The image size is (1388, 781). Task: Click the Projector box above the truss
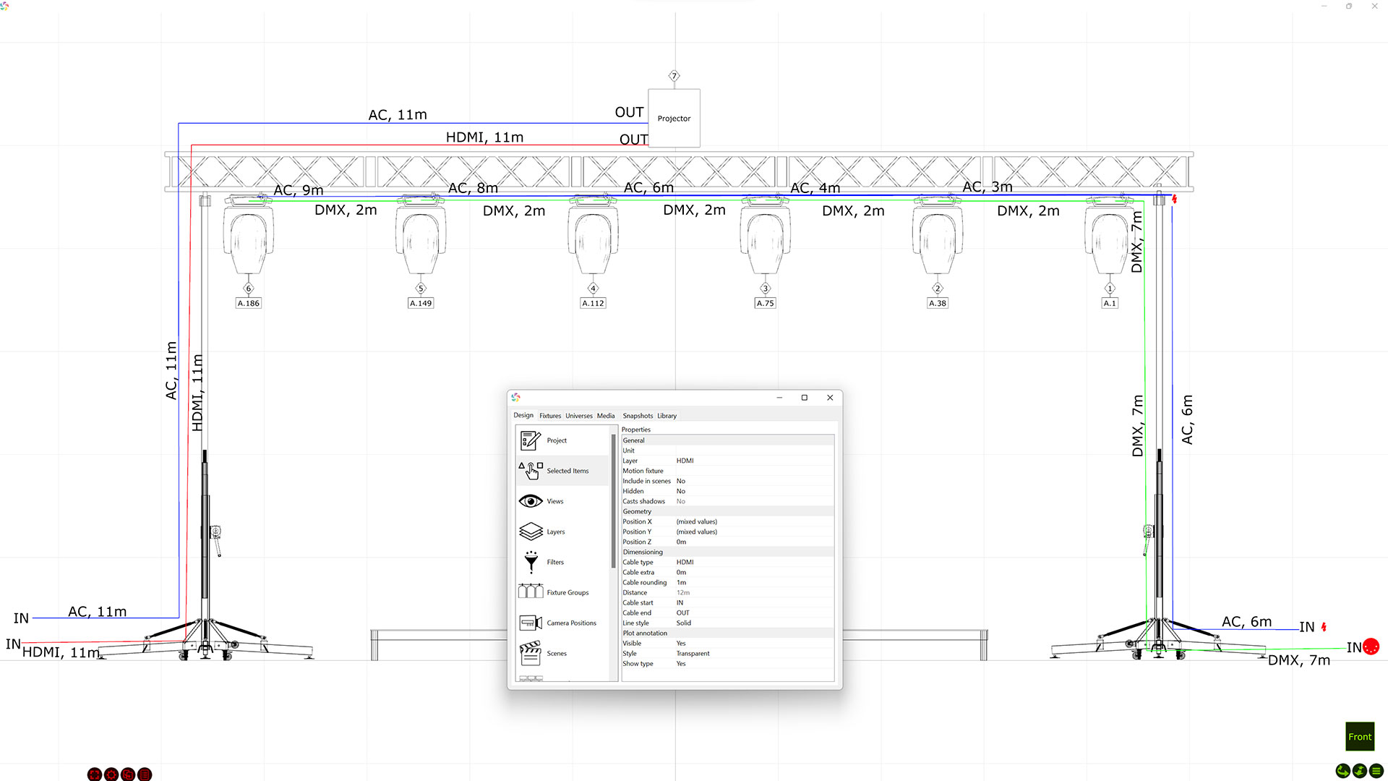coord(674,118)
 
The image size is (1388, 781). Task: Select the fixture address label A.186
coord(249,303)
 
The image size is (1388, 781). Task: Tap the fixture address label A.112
coord(593,303)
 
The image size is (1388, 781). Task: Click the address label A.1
coord(1110,303)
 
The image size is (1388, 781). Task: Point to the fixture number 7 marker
coord(674,76)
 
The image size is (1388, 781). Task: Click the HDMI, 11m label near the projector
coord(484,137)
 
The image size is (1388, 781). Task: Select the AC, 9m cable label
coord(299,190)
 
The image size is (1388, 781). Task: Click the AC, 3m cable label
coord(988,187)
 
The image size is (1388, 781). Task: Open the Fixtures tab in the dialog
coord(550,416)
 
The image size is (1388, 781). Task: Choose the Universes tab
coord(579,416)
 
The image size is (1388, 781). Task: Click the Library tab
coord(667,416)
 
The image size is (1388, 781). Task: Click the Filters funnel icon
coord(531,562)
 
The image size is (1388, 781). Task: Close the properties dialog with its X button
coord(830,398)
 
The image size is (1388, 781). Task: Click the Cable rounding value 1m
coord(681,582)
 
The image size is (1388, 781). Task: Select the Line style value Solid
coord(683,623)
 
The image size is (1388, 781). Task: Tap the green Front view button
coord(1359,737)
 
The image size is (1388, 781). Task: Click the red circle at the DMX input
coord(1371,647)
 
